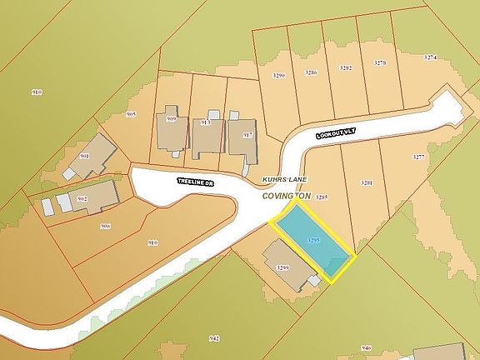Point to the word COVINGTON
pos(286,195)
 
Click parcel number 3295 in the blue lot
pos(313,240)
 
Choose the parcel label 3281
pos(366,182)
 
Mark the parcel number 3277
pos(419,157)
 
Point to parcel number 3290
pos(279,76)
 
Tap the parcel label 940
pos(366,347)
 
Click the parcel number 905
pos(131,113)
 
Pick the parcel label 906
pos(105,226)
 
